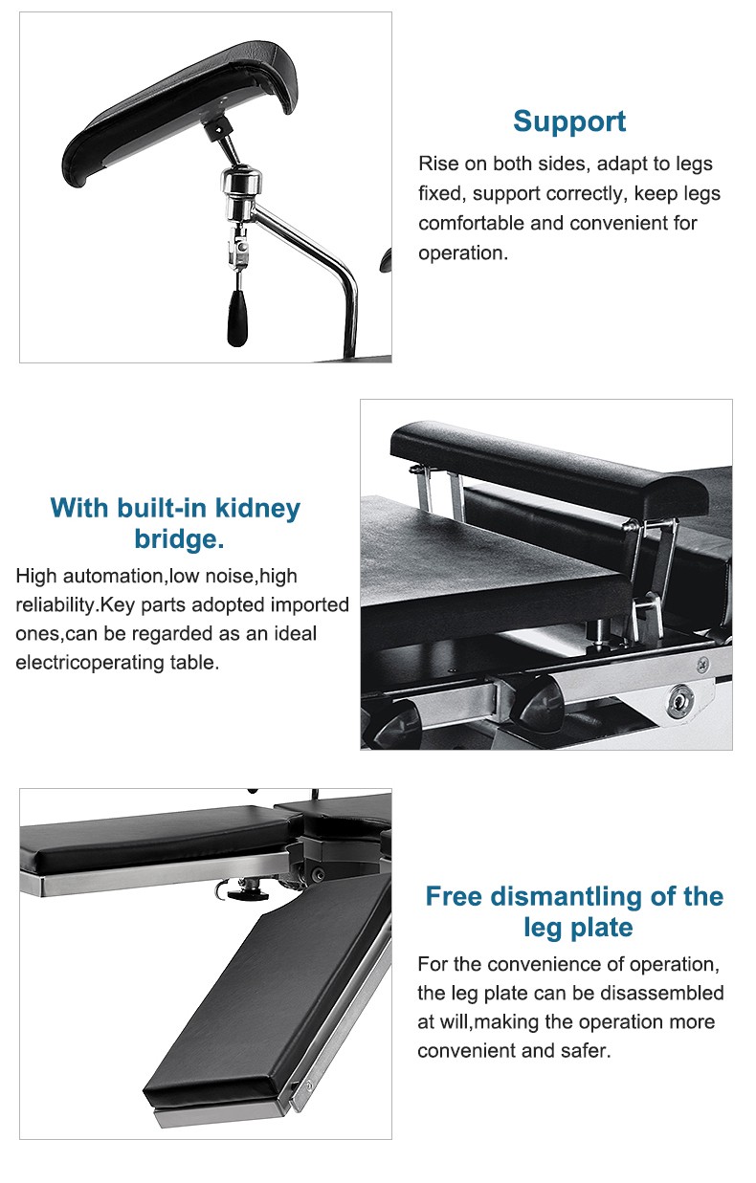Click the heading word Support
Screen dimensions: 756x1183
click(x=569, y=122)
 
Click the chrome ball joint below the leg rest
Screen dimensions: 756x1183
click(x=241, y=183)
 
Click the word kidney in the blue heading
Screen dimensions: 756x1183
click(x=257, y=508)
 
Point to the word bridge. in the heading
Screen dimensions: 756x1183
click(x=179, y=539)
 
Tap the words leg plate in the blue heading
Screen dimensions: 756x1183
click(x=578, y=928)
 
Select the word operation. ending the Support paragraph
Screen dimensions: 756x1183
click(x=463, y=253)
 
